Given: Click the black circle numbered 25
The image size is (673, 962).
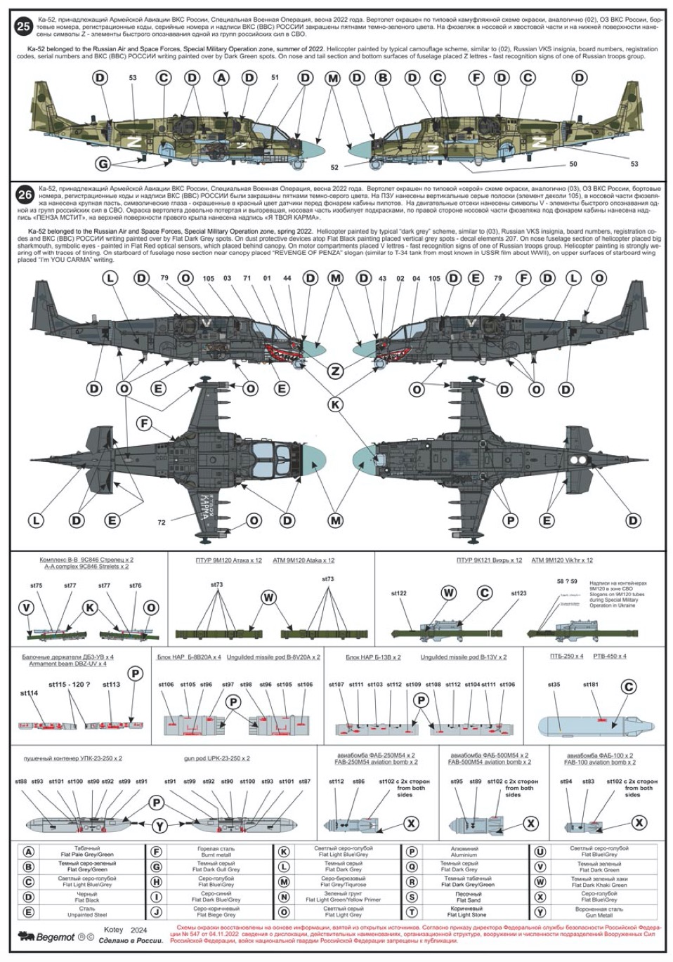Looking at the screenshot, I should coord(24,27).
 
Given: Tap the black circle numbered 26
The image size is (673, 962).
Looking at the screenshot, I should coord(24,194).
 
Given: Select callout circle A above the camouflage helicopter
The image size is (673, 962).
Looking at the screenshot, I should coord(222,78).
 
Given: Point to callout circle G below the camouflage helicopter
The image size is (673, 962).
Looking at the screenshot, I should coord(103,164).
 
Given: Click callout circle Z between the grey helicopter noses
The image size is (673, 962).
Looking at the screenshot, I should coord(336,371).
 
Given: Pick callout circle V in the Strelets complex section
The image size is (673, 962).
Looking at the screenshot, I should coord(27,607).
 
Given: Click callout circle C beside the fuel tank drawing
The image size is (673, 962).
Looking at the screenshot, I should coord(629,687).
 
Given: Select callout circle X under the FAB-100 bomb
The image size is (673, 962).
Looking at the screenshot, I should coord(640,823).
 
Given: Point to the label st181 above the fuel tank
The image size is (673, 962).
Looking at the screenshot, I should coord(591,684).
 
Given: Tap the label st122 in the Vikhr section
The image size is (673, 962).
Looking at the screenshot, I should coord(399,593).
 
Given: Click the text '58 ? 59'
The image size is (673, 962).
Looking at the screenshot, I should coord(566,581).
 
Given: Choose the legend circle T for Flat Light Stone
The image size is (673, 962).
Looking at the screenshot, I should coord(412,912).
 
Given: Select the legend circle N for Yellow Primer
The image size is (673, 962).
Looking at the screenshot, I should coord(284,897).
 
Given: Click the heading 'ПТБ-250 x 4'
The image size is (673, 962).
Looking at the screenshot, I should coord(567,657).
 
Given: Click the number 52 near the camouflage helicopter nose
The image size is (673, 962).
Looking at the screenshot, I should coord(334,167).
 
